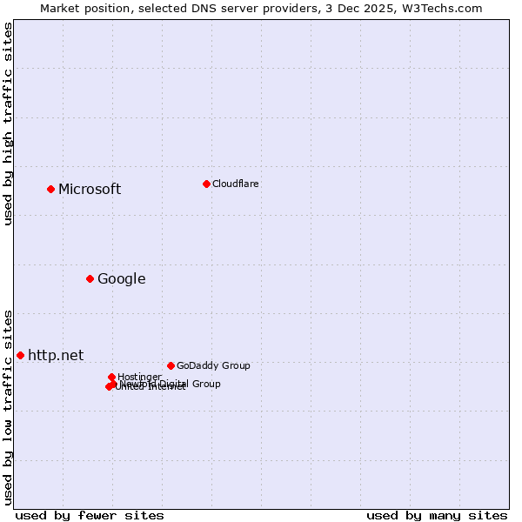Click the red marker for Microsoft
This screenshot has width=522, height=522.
point(50,189)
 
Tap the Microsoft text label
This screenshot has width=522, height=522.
point(90,190)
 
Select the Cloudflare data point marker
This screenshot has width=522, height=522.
point(206,184)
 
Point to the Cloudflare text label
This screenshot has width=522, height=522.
point(235,184)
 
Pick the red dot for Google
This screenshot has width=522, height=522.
point(90,278)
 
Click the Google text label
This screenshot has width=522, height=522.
point(121,279)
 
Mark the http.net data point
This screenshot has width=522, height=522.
point(20,355)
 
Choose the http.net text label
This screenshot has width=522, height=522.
point(56,355)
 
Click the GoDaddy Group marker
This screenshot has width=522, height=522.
point(171,365)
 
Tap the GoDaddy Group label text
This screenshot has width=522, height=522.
point(213,365)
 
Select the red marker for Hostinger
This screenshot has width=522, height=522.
point(111,377)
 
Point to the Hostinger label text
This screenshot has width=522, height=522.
point(139,377)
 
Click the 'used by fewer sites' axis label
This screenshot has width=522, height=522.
point(90,515)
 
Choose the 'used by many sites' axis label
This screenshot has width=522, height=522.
point(437,515)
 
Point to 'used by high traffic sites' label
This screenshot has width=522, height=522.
point(8,124)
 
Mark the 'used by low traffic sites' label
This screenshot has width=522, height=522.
point(8,406)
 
